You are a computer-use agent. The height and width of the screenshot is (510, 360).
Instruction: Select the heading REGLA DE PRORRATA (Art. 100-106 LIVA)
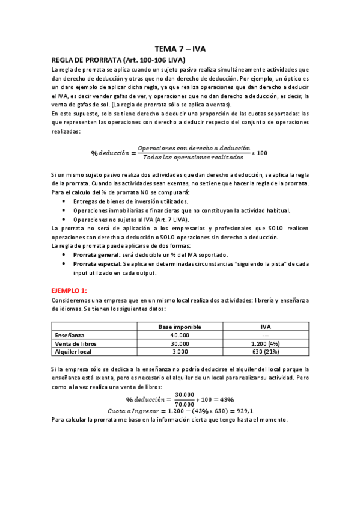click(118, 60)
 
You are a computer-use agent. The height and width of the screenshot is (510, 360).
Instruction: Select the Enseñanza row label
click(70, 335)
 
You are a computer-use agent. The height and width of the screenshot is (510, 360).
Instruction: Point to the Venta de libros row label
click(76, 343)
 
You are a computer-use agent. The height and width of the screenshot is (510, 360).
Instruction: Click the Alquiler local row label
click(74, 351)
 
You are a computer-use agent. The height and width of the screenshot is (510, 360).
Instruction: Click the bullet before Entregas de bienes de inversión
click(64, 201)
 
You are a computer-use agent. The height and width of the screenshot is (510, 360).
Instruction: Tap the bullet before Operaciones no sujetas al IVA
click(64, 219)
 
